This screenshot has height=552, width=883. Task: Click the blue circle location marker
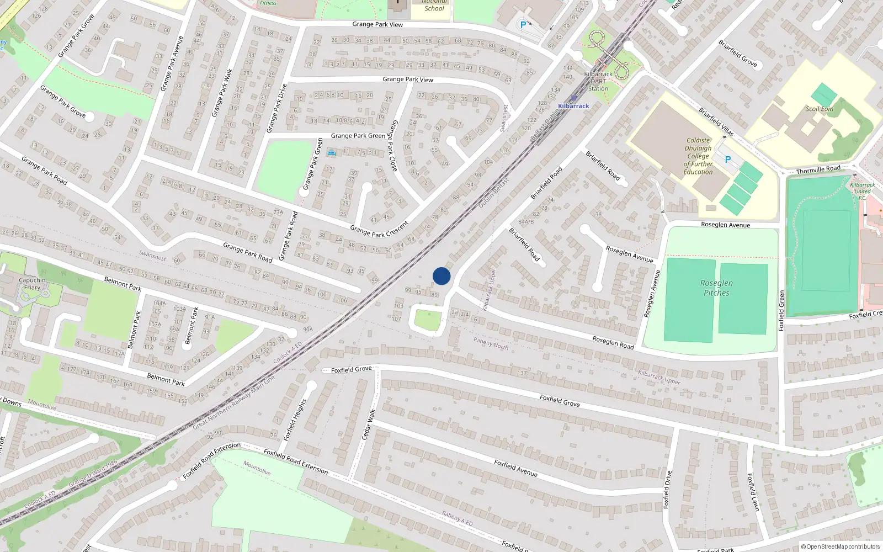[x=441, y=276]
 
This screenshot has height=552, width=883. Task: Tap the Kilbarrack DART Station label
[x=598, y=81]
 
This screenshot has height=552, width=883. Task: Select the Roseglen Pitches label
[x=716, y=288]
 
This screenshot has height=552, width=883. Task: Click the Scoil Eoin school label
[x=820, y=109]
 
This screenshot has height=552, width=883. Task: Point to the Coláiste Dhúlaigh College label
[x=698, y=156]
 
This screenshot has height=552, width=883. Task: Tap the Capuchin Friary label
[x=32, y=284]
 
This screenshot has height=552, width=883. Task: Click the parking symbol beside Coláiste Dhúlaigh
[x=727, y=160]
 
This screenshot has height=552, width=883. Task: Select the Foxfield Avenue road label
[x=515, y=468]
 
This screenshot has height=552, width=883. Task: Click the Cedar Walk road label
[x=369, y=424]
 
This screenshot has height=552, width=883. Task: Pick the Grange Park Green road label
[x=358, y=136]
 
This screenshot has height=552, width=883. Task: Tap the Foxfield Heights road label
[x=295, y=420]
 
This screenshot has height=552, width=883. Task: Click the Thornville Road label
[x=818, y=169]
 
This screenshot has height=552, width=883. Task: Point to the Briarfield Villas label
[x=716, y=121]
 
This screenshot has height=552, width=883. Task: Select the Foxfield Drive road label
[x=669, y=489]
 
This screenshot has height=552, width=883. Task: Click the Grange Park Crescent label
[x=379, y=230]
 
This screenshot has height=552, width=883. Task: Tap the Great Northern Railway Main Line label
[x=233, y=403]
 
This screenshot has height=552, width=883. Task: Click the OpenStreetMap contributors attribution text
[x=840, y=546]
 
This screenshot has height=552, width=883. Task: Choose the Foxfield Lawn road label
[x=753, y=491]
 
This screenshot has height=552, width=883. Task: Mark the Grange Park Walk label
[x=222, y=93]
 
